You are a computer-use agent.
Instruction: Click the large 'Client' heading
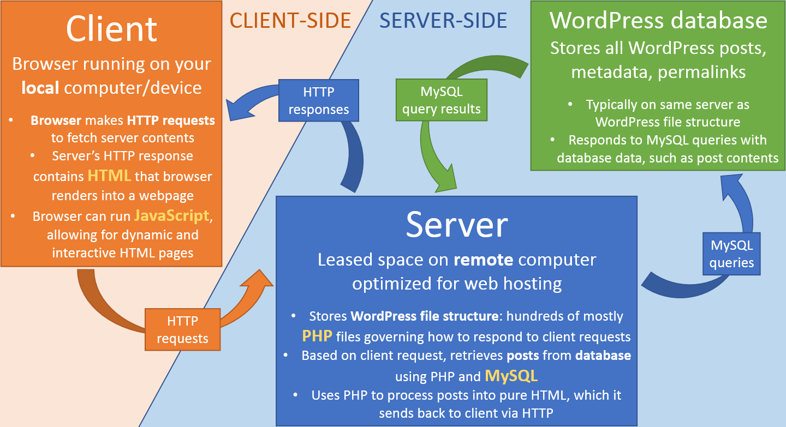pos(112,28)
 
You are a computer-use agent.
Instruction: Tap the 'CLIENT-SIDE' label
pos(290,20)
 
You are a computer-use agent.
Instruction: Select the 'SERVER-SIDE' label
pos(443,20)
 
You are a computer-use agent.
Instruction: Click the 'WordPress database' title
pos(658,20)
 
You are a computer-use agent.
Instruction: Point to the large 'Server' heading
pos(457,224)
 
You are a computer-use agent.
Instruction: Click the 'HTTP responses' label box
pos(319,100)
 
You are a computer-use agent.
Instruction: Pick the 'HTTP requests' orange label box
pos(182,330)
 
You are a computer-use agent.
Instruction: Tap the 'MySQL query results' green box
pos(441,100)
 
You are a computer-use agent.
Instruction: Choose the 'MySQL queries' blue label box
pos(731,254)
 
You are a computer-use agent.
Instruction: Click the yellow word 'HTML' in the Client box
pos(109,176)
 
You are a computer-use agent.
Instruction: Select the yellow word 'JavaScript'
pos(172,215)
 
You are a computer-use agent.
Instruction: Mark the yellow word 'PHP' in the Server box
pos(317,335)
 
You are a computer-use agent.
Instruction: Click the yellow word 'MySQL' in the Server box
pos(511,375)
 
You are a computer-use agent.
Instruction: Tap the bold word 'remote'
pos(484,260)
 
